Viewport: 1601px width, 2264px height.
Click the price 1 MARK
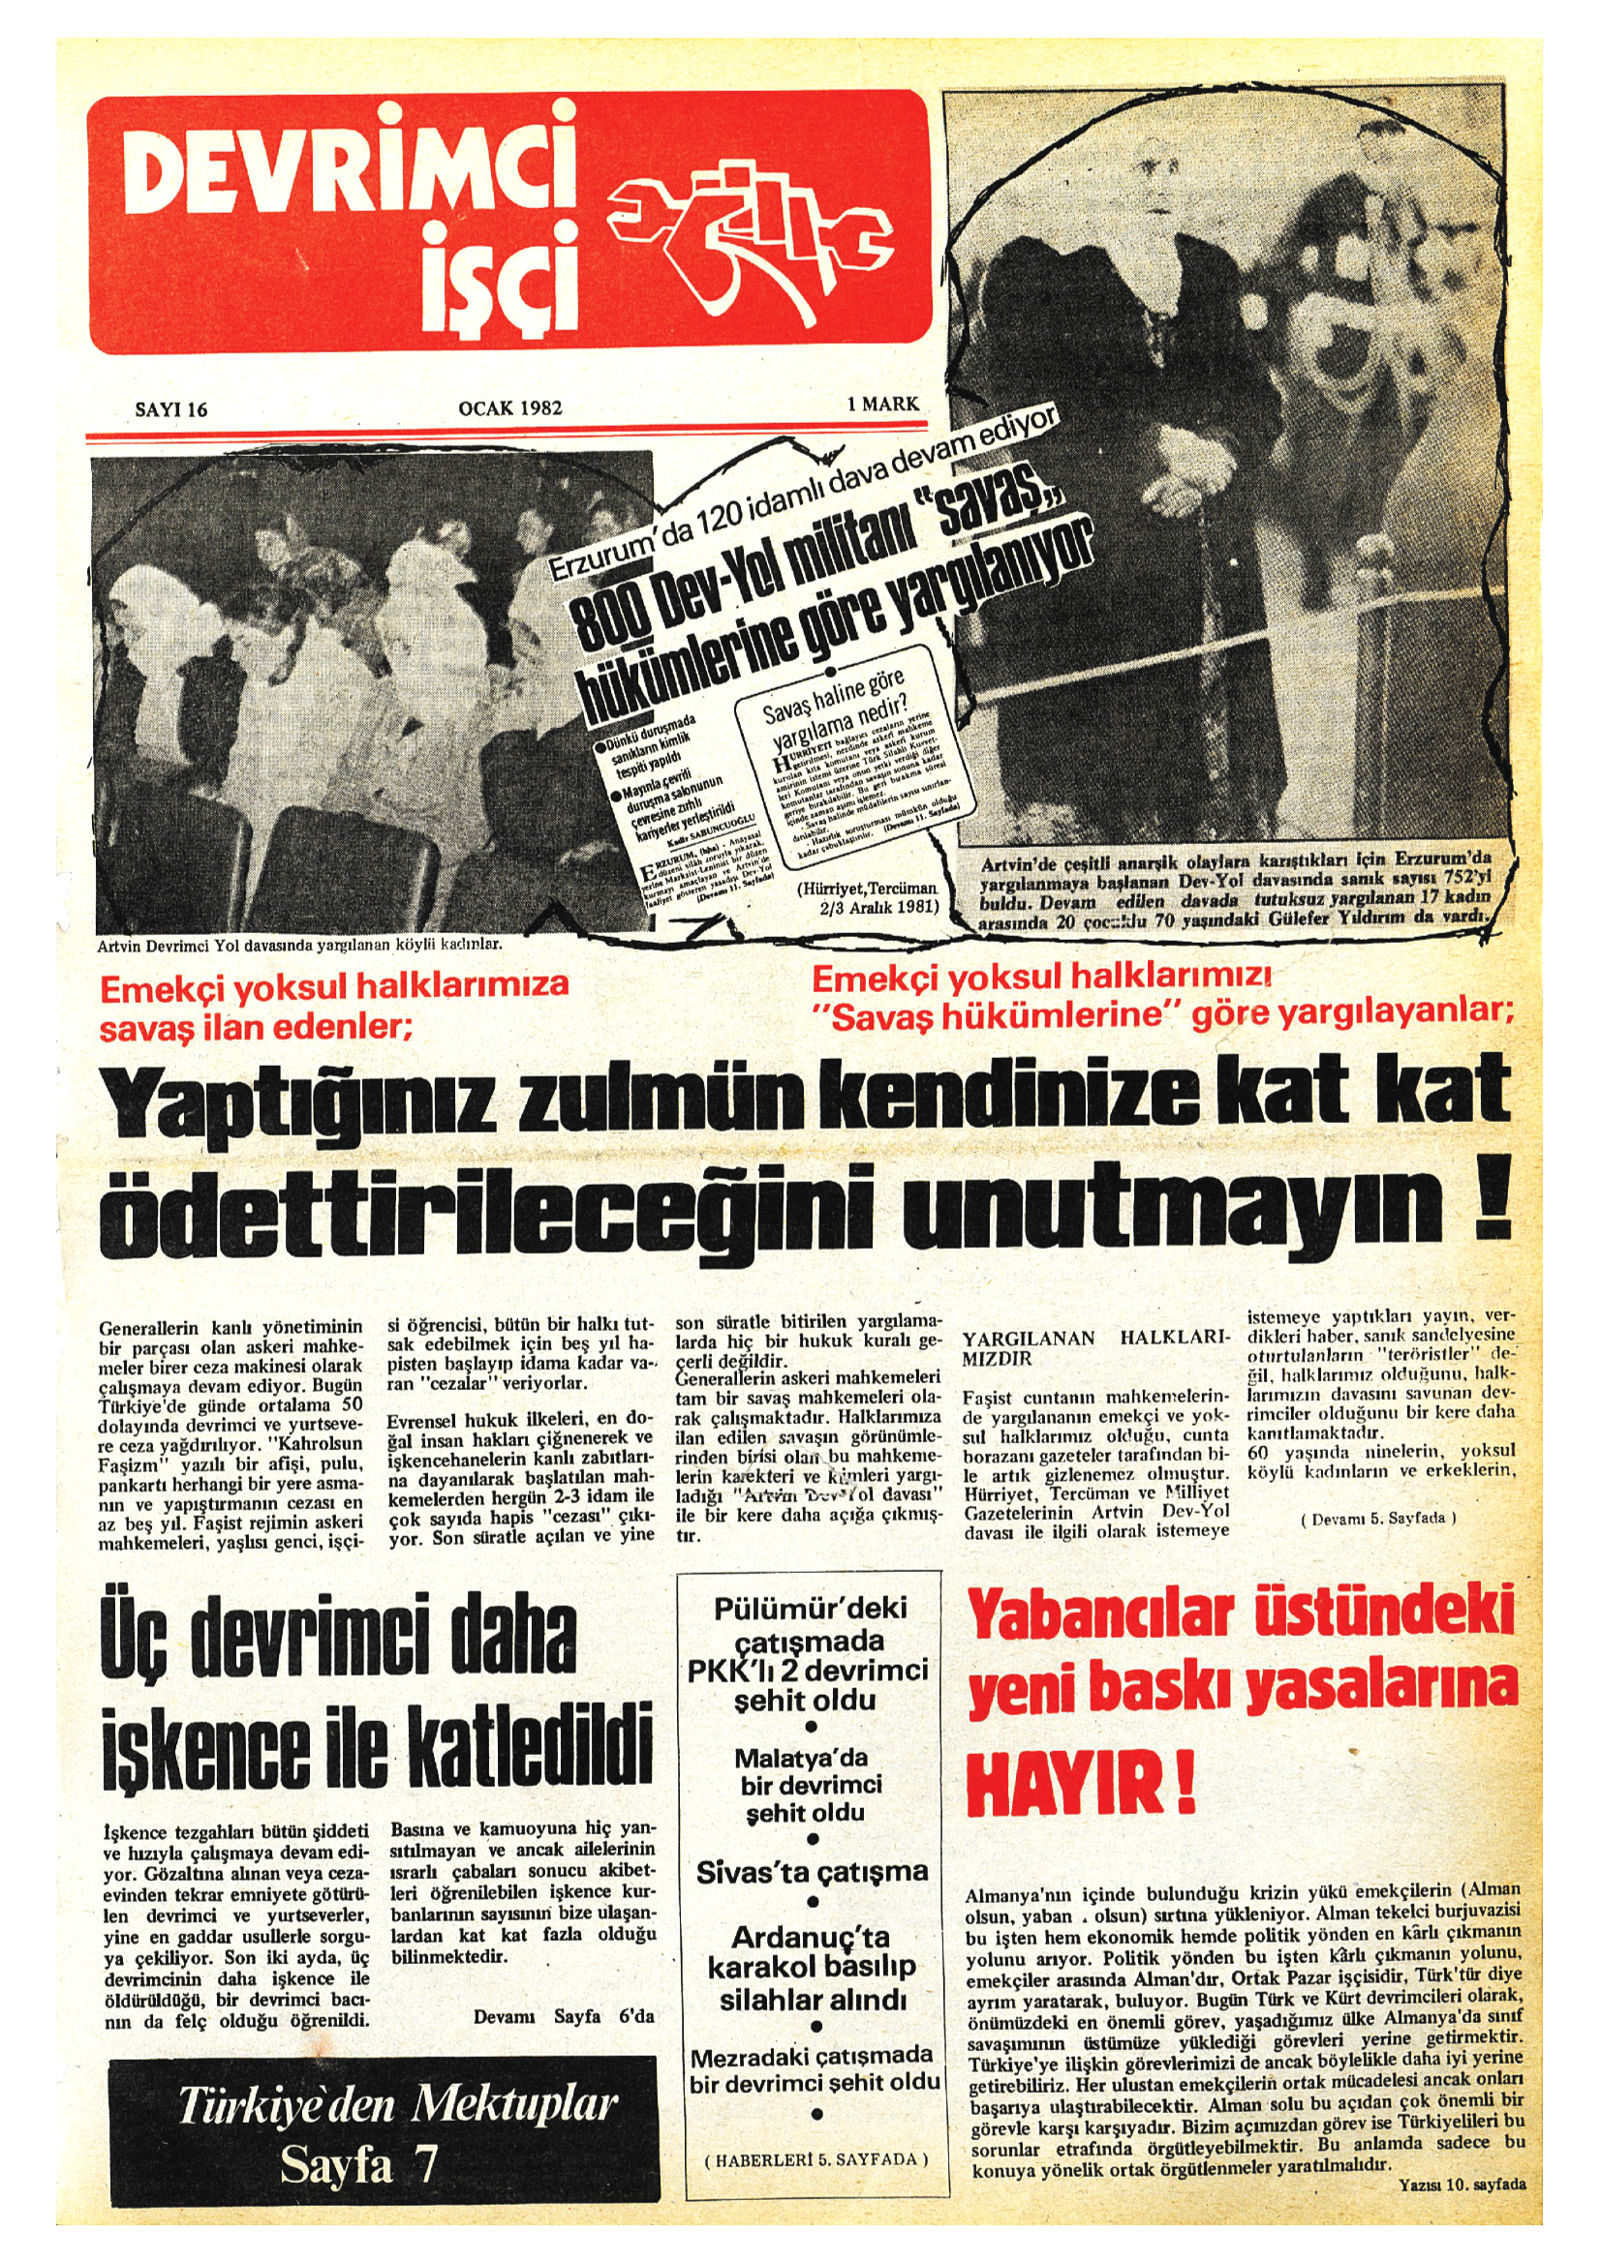click(883, 404)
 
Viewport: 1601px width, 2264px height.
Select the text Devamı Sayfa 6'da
click(564, 2016)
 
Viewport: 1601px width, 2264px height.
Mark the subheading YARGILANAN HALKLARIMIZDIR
click(1095, 1348)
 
